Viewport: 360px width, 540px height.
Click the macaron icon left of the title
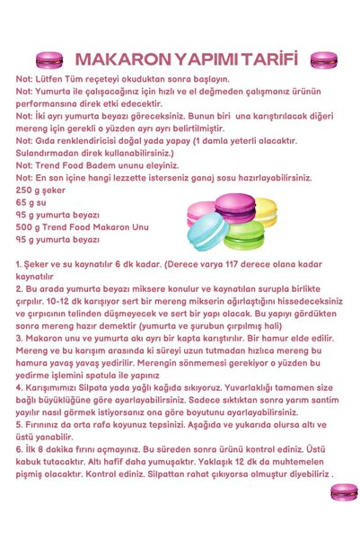point(48,60)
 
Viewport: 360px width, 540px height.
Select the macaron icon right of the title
point(322,60)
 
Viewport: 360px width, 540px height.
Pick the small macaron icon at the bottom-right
point(344,491)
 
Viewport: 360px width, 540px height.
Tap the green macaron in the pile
point(244,235)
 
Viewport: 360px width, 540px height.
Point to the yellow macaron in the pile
point(266,212)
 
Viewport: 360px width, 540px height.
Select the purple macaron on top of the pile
point(235,208)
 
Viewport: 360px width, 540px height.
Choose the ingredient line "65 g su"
point(31,204)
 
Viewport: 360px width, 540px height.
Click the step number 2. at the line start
point(20,290)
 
